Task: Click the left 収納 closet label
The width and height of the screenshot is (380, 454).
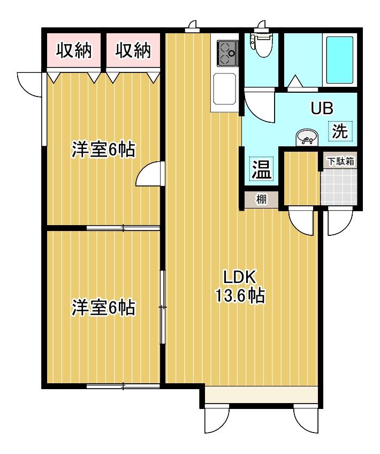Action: coord(74,50)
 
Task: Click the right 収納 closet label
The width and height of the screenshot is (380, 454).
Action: coord(133,50)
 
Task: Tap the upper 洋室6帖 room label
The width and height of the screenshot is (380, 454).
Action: coord(103,150)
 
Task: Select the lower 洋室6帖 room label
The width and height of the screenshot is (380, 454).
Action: coord(103,308)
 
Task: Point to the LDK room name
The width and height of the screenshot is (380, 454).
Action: coord(239,277)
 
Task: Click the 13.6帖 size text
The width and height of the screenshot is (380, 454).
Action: coord(239,296)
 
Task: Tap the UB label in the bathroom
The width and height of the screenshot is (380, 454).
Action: coord(322,108)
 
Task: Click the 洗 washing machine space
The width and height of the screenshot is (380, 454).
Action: coord(340,131)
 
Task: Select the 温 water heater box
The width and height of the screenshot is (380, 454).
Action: coord(261,169)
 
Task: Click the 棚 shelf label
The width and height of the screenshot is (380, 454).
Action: coord(261,199)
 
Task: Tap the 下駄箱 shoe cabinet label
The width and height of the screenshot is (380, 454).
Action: coord(341,161)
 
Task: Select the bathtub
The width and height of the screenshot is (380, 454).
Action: coord(340,60)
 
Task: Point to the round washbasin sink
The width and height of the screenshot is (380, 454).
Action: coord(307,138)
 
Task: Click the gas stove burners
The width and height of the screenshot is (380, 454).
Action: coord(227,53)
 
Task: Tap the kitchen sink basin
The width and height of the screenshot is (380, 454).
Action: coord(224,89)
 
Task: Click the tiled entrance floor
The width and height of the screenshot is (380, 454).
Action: coord(339,186)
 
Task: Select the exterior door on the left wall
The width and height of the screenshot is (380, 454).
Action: coord(29,85)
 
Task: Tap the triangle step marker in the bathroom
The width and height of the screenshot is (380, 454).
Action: coord(295,81)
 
